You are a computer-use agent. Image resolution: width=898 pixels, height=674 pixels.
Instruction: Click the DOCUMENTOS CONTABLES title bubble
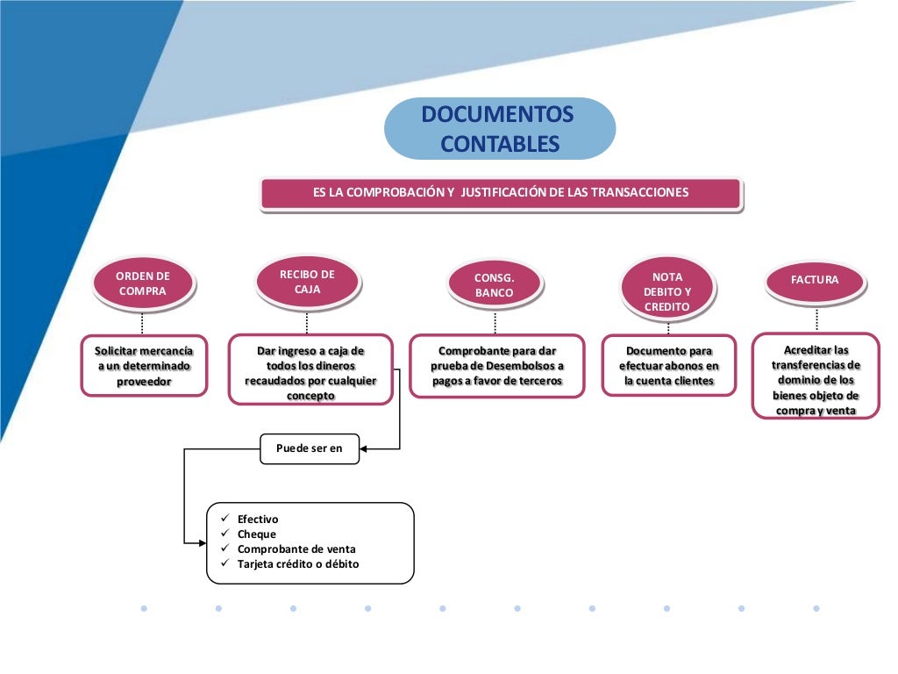click(x=499, y=129)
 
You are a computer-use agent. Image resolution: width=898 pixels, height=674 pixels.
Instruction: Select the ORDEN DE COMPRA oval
click(x=143, y=283)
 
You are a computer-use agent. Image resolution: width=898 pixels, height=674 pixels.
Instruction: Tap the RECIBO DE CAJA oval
click(x=307, y=282)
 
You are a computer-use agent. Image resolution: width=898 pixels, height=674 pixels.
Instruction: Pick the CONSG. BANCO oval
click(x=495, y=285)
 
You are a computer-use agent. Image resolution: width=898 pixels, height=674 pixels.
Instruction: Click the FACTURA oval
click(x=815, y=280)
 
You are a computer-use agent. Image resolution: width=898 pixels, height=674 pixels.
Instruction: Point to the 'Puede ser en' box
click(x=310, y=448)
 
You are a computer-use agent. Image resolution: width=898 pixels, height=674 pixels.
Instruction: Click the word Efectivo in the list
click(x=258, y=520)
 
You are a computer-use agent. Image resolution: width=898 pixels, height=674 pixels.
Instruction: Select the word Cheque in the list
click(x=256, y=534)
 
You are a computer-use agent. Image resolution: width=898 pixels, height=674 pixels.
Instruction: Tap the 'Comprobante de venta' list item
click(x=296, y=549)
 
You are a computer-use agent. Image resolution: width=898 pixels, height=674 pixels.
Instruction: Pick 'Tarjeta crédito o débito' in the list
click(x=298, y=564)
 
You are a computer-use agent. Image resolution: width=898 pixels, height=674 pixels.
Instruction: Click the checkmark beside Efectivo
click(x=224, y=520)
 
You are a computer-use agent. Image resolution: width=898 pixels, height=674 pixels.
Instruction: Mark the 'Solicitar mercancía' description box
click(x=144, y=366)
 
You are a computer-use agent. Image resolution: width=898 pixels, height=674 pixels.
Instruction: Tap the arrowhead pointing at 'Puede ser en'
click(x=364, y=449)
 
